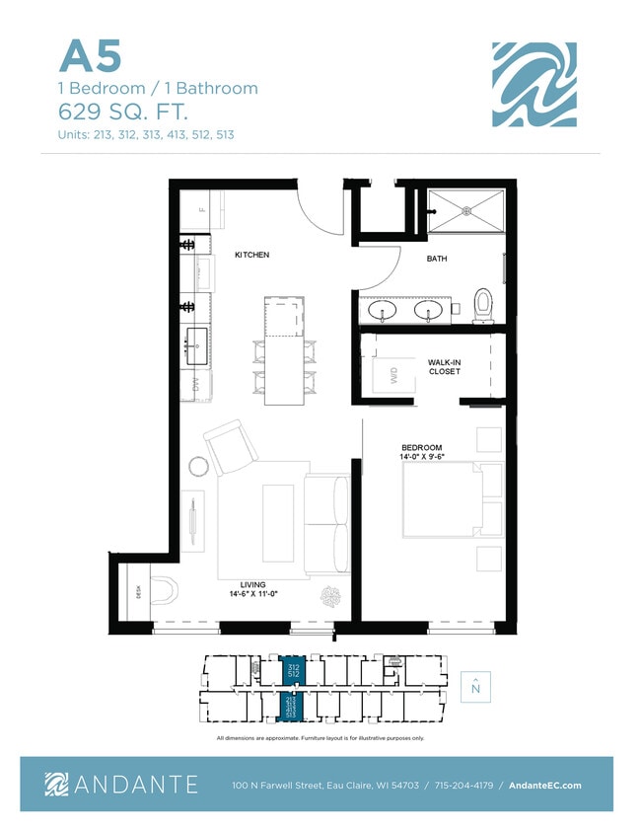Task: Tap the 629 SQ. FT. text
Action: [116, 110]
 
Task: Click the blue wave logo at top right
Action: [534, 85]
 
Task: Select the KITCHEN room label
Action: [251, 255]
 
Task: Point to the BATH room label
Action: [437, 259]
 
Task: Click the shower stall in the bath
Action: [465, 209]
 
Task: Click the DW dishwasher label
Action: [197, 383]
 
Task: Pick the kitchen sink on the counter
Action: [194, 341]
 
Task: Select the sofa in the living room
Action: [325, 524]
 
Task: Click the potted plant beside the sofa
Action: [329, 596]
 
